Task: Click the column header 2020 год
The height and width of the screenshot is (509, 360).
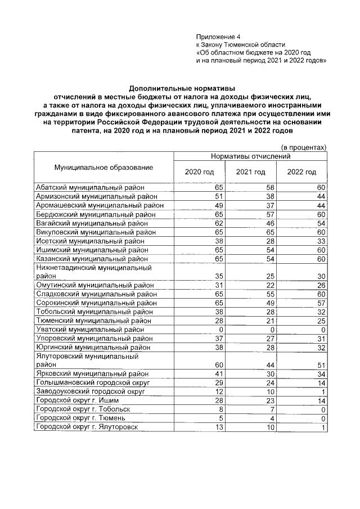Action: point(199,172)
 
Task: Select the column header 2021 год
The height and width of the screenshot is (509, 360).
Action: point(250,172)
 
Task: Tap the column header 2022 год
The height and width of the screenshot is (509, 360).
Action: point(301,172)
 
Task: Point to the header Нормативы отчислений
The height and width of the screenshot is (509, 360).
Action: point(250,156)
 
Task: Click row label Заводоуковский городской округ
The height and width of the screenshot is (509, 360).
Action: point(91,391)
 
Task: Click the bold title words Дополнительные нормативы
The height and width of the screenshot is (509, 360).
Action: point(182,88)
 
